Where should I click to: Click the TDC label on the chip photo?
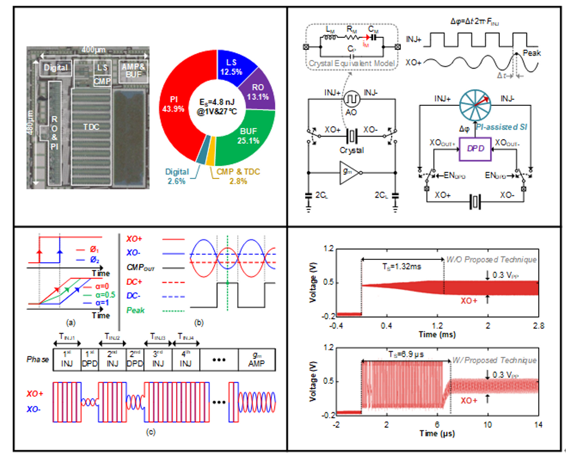(x=91, y=127)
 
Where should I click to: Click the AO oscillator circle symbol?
(x=351, y=97)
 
